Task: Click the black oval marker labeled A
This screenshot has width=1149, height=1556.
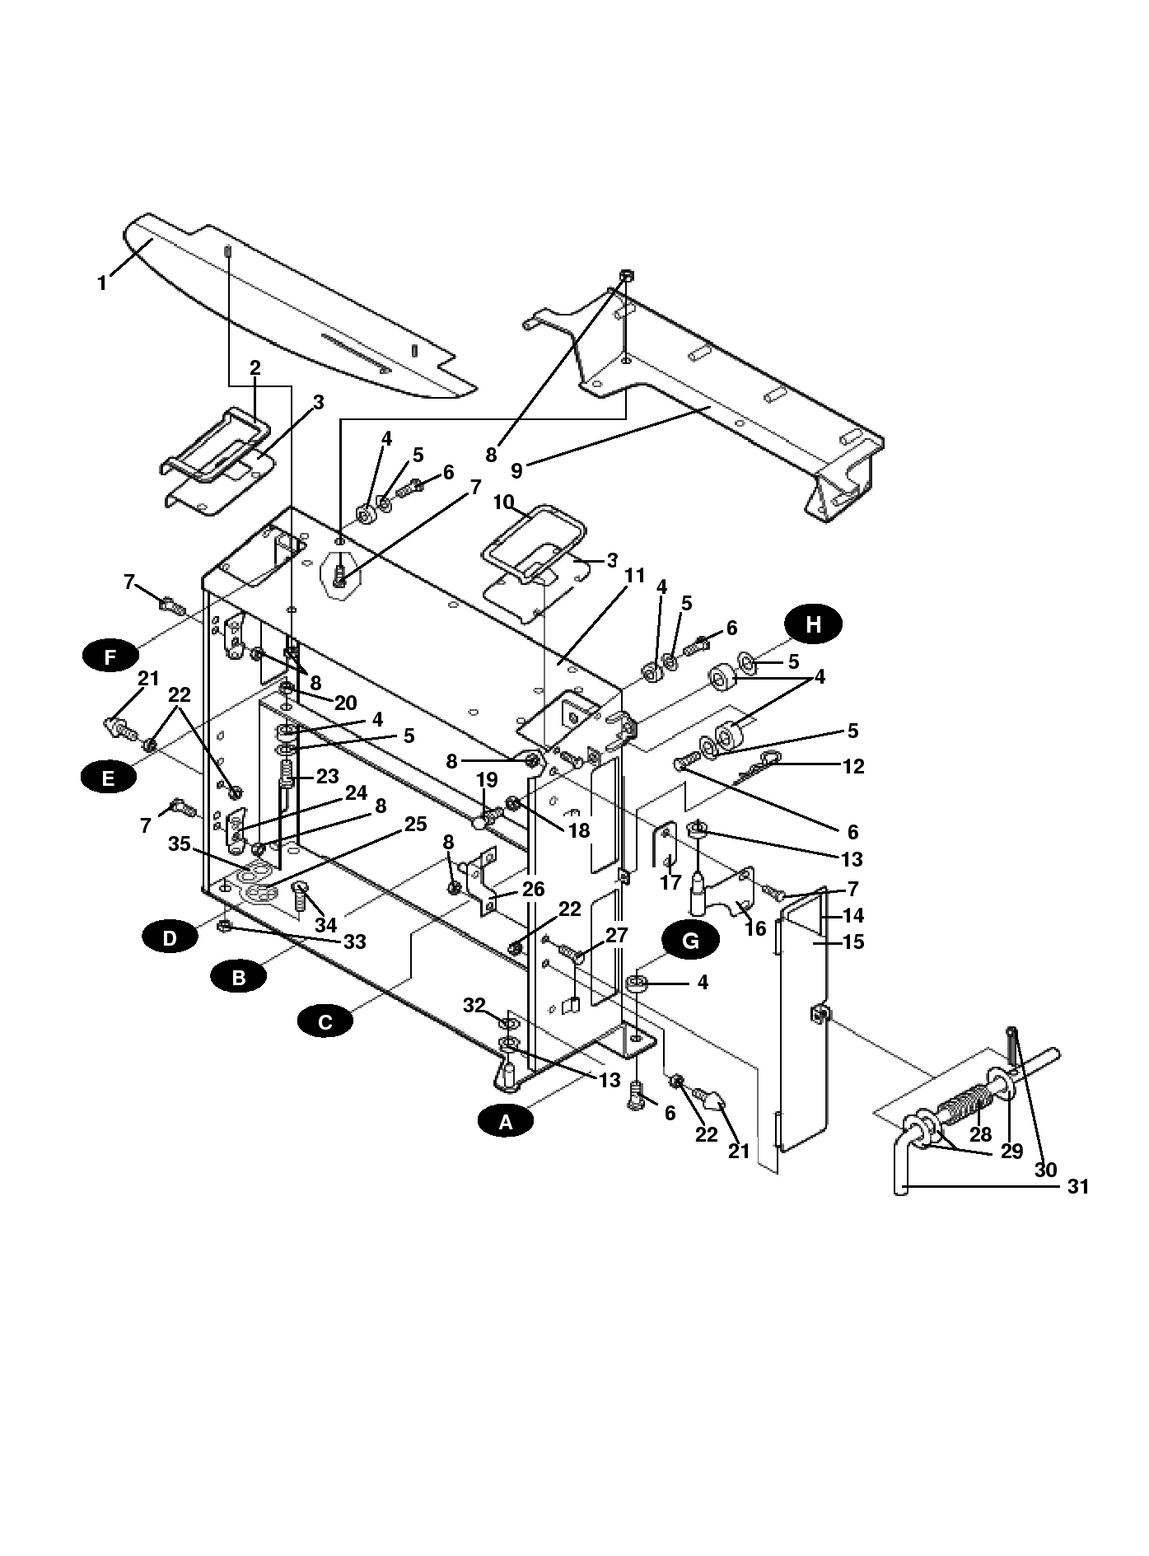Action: coord(506,1121)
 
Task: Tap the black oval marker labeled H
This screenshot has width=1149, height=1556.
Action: coord(813,624)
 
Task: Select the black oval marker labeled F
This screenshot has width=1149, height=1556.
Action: coord(110,657)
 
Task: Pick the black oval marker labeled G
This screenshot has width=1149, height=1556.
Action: coord(690,941)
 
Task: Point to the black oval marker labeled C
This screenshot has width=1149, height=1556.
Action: coord(325,1022)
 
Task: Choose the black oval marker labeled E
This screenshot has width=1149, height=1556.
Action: coord(109,776)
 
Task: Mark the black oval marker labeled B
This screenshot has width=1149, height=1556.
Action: coord(238,978)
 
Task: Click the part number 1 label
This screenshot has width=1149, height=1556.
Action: coord(102,283)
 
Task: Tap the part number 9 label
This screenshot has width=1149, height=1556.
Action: coord(516,470)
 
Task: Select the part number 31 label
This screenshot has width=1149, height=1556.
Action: coord(1078,1186)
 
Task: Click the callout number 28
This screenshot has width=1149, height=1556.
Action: coord(980,1134)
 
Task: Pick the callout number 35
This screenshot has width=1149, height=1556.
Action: coord(180,843)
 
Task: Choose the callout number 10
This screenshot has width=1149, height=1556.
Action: coord(503,502)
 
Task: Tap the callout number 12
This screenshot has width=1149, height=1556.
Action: coord(853,766)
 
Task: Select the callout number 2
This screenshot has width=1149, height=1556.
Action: coord(255,367)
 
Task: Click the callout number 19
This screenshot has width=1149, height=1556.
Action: coord(487,780)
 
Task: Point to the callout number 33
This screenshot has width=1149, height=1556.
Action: coord(354,941)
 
